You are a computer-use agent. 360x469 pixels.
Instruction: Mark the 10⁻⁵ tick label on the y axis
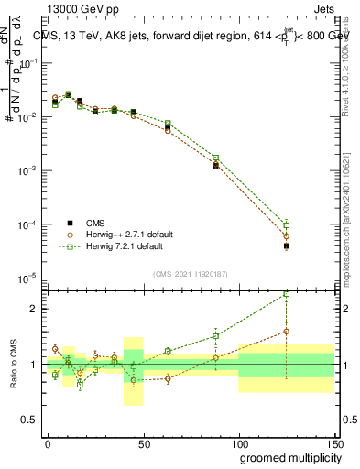(x=29, y=278)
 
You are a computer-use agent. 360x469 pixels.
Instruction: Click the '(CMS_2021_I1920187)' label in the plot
(x=190, y=273)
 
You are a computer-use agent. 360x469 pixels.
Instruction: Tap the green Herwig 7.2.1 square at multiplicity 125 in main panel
(x=287, y=225)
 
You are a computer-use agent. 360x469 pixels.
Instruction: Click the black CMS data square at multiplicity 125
(x=287, y=246)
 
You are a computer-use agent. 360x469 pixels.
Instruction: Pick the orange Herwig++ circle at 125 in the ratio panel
(x=287, y=332)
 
